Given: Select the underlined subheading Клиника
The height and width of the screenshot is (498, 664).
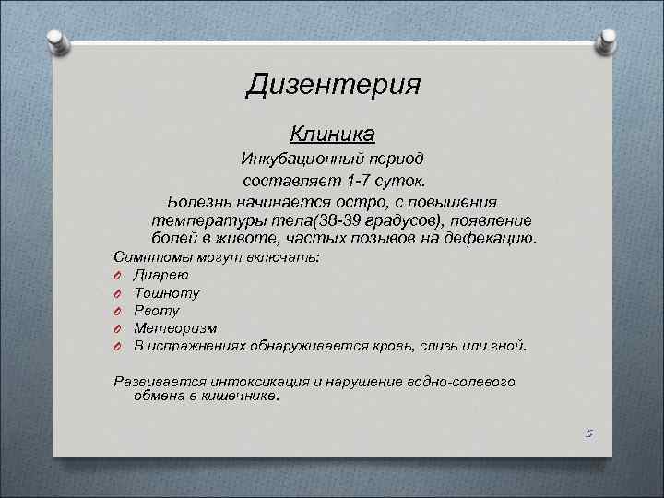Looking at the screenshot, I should coord(332,135).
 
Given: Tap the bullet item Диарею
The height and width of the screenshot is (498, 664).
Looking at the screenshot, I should coord(161,275).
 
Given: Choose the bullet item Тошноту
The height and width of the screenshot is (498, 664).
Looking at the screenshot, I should coord(167,292).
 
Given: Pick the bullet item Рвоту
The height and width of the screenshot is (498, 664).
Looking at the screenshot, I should coord(157,310).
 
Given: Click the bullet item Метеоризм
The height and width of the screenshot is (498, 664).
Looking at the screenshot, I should coord(175,327).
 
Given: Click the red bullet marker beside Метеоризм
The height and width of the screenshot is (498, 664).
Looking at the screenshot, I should coord(118,328).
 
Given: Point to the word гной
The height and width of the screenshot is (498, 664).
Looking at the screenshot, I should coord(508,346).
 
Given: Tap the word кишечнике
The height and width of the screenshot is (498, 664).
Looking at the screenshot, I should coord(240,397).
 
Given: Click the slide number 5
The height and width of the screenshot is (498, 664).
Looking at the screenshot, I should coord(587,433).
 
